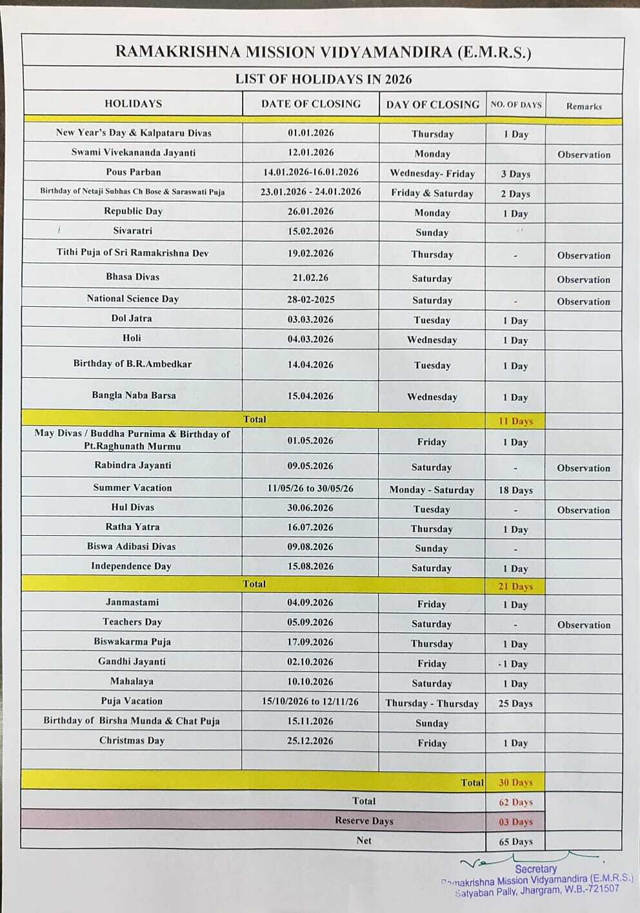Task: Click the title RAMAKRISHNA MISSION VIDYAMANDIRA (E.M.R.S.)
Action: [323, 52]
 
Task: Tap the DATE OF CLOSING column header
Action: [310, 104]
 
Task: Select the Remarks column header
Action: [584, 106]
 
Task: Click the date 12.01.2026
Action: [310, 153]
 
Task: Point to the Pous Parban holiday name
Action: [134, 172]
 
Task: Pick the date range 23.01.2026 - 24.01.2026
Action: [310, 192]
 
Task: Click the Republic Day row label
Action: [133, 211]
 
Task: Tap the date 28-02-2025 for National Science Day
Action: [310, 300]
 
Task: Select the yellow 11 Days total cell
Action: [515, 421]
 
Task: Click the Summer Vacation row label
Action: [132, 488]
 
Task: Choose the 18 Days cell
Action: [515, 490]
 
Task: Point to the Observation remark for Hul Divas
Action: [583, 510]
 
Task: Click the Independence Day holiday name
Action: [131, 566]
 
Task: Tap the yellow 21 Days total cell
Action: [515, 586]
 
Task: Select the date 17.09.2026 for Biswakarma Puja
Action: [310, 642]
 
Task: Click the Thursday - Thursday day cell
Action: [432, 703]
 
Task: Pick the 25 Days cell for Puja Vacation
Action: [515, 703]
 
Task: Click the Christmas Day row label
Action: [132, 740]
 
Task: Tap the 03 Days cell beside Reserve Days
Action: [515, 822]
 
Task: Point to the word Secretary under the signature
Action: [535, 869]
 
